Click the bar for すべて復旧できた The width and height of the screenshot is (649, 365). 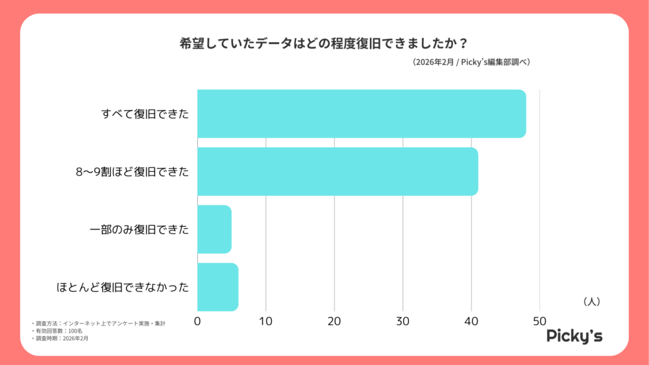coord(361,113)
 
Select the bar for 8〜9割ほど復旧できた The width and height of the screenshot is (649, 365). coord(337,172)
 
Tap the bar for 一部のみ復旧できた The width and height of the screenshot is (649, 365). coord(214,230)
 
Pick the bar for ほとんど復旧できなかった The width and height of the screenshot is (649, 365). coord(217,287)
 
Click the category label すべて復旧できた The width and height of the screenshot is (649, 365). coord(145,114)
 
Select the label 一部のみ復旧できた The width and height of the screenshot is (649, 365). coord(139,230)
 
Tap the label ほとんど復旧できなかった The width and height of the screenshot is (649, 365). coord(123,287)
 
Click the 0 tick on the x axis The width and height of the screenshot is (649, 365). coord(197,321)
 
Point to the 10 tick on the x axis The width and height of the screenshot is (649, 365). coord(265,321)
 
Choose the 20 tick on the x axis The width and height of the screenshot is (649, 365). coord(334,321)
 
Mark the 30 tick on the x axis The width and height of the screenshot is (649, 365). coord(402,321)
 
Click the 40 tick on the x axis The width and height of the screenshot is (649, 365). coord(471,321)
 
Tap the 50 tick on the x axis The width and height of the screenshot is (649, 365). coord(539,321)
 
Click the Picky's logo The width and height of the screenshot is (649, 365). coord(574,336)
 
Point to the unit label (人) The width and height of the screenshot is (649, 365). coord(591,301)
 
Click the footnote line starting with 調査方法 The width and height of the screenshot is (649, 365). coord(98,323)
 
